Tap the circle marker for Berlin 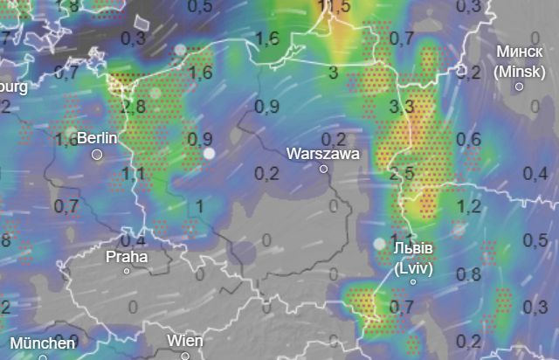coord(97,155)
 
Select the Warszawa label coord(322,152)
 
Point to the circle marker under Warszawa coord(323,169)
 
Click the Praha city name coord(126,257)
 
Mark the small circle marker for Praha coord(126,271)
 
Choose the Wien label coord(185,340)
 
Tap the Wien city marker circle coord(185,355)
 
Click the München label coord(43,343)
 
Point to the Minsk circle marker coord(519,86)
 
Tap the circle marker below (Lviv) coord(414,281)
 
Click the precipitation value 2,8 coord(134,107)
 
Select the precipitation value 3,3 coord(401,107)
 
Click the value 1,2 coord(469,207)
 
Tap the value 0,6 coord(469,139)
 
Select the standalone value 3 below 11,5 coord(333,72)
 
